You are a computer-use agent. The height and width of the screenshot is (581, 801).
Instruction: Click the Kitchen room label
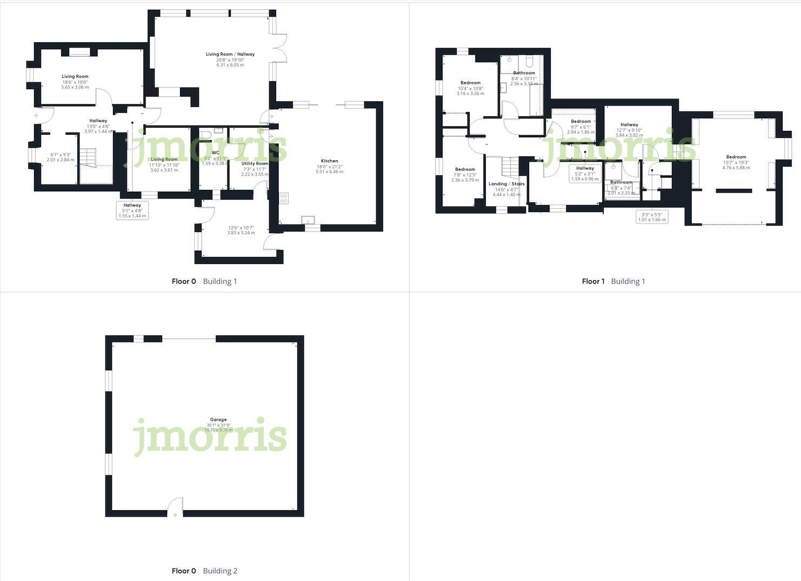[x=329, y=161]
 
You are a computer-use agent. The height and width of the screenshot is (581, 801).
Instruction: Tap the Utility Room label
[x=255, y=163]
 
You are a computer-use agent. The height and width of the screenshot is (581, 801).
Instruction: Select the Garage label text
[x=218, y=419]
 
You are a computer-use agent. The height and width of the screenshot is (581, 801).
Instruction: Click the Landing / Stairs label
[x=506, y=184]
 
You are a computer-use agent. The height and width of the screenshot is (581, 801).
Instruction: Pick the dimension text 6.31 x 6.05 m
[x=230, y=65]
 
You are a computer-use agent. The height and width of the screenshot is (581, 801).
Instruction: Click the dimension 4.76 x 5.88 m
[x=736, y=168]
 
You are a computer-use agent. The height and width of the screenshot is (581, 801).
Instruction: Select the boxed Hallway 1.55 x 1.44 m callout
[x=132, y=210]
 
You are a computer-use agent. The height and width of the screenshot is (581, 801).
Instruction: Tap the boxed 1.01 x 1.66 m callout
[x=652, y=217]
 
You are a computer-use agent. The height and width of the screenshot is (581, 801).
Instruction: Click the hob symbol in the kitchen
[x=284, y=198]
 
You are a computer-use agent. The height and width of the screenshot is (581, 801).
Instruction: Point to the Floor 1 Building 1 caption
[x=613, y=281]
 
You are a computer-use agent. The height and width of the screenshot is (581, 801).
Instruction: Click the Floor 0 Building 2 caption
[x=204, y=571]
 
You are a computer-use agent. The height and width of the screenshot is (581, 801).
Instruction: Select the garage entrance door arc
[x=175, y=507]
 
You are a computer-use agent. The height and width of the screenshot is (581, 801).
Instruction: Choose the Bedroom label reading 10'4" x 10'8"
[x=470, y=83]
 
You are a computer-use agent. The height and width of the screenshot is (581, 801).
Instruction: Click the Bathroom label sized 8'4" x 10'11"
[x=524, y=73]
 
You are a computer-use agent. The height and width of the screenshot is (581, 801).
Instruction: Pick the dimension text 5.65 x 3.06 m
[x=75, y=87]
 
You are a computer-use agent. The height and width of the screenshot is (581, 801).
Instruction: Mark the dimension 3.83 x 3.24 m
[x=241, y=233]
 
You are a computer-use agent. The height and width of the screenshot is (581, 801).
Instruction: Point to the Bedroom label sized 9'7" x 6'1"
[x=581, y=122]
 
